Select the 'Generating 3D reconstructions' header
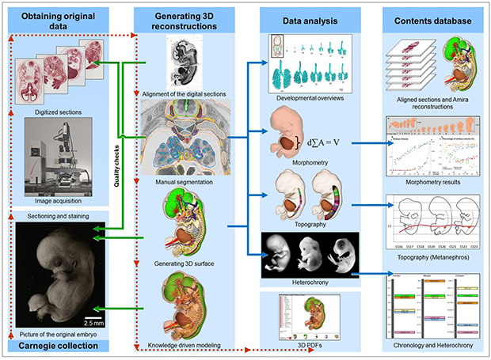180,21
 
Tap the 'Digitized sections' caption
54,100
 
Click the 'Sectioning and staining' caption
55,214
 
